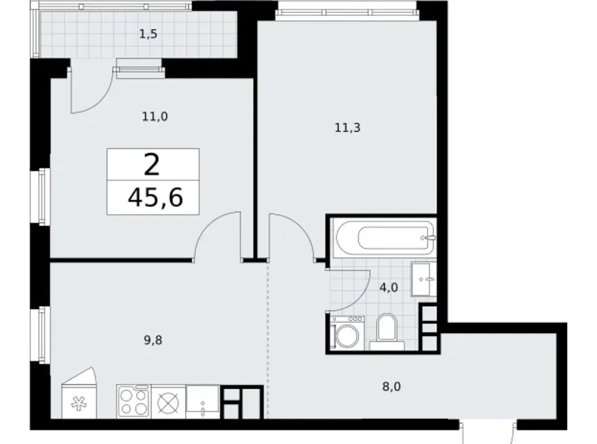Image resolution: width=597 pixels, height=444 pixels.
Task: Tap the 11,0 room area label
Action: (156, 116)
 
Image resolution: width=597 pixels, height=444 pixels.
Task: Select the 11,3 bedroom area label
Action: (347, 129)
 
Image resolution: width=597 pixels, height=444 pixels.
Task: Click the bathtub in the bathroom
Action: (383, 237)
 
